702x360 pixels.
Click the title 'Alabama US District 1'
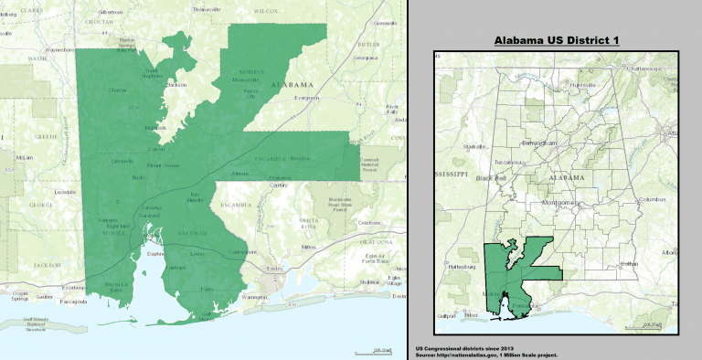(x=556, y=41)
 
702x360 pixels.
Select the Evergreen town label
(x=307, y=97)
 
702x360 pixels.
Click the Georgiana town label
(x=366, y=58)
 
